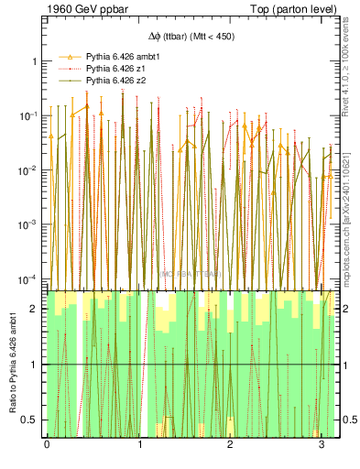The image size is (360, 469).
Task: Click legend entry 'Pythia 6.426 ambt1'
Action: click(125, 55)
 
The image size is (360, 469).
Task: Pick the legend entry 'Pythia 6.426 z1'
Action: click(119, 68)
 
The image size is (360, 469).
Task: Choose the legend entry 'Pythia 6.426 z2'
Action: click(119, 81)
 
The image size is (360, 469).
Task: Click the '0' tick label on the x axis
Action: click(47, 445)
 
